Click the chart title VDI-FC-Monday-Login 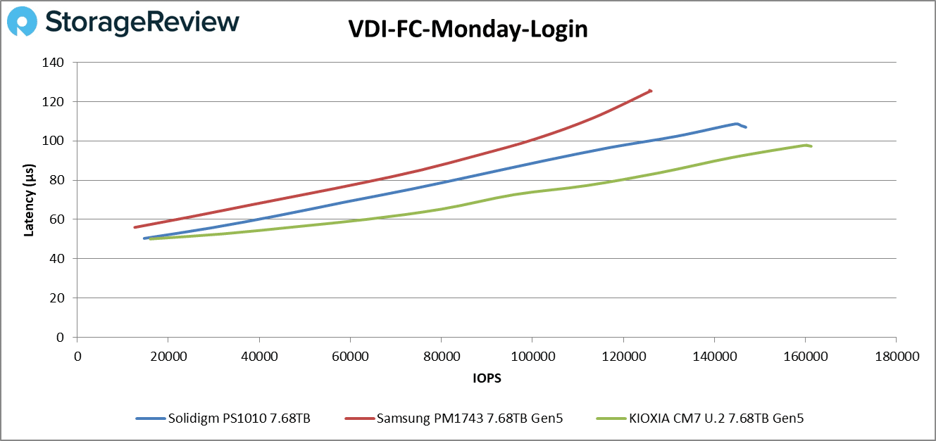468,30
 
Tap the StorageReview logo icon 21,21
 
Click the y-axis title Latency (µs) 29,200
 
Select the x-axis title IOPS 487,378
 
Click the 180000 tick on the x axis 896,357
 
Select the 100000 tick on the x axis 532,357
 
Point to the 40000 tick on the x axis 259,357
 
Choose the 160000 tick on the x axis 805,357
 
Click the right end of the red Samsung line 651,90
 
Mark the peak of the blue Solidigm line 737,124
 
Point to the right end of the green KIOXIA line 811,146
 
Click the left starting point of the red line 135,227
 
